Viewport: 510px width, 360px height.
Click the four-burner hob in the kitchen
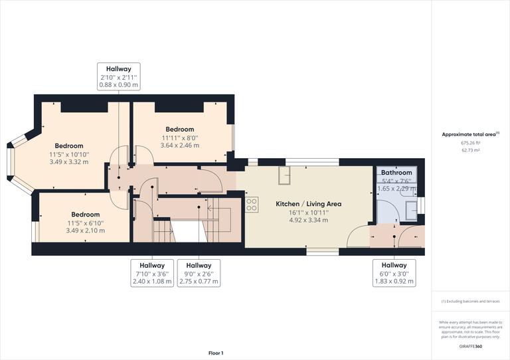click(x=252, y=205)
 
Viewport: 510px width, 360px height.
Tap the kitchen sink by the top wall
click(x=284, y=175)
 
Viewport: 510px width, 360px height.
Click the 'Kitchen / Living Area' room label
click(x=308, y=203)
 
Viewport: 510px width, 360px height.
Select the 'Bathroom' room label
click(x=396, y=173)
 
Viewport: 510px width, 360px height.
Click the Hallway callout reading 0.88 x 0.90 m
click(x=118, y=76)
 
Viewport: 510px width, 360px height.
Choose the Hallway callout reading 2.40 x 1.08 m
click(x=151, y=273)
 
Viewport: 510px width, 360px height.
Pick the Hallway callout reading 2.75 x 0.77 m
click(x=199, y=273)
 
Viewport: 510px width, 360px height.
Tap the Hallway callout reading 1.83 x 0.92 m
click(x=394, y=273)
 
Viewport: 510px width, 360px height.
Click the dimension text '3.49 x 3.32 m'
click(x=69, y=162)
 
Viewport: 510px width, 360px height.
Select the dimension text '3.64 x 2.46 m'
click(x=179, y=145)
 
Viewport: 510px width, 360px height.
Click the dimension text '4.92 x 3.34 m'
click(x=308, y=220)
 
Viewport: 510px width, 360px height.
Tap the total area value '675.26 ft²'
click(x=470, y=143)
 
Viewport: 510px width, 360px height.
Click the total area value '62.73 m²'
click(x=470, y=151)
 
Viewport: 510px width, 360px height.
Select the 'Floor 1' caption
click(x=215, y=353)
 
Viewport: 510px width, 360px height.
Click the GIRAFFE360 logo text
click(x=470, y=347)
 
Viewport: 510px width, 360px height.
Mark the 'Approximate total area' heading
click(x=469, y=134)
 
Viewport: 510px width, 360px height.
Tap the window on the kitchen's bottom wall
click(x=322, y=251)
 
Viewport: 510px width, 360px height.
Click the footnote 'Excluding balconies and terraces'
click(x=471, y=302)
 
